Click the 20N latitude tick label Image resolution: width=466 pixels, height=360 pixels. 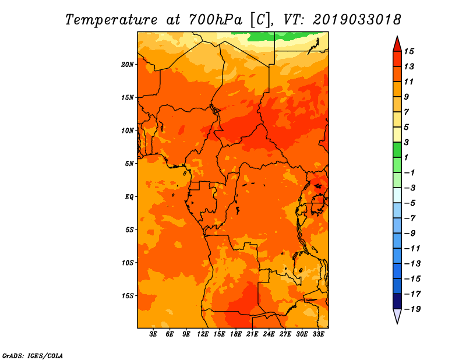click(128, 65)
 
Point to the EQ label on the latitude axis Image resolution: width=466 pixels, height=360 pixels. click(129, 197)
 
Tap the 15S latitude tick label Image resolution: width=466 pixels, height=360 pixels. click(128, 296)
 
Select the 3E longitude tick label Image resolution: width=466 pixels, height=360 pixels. click(153, 334)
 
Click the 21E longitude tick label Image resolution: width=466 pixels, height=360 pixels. click(252, 334)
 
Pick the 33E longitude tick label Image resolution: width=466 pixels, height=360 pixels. click(318, 334)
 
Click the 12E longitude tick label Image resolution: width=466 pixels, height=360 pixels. click(203, 334)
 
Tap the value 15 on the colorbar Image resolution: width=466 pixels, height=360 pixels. click(409, 51)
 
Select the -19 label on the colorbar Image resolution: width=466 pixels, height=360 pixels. click(412, 309)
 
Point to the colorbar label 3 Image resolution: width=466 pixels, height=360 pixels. click(407, 142)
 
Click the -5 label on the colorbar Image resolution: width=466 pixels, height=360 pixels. click(410, 203)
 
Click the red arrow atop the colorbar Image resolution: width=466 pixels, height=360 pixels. click(397, 44)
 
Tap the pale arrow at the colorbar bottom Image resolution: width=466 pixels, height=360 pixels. click(397, 316)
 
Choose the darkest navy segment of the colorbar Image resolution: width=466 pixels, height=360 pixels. click(397, 301)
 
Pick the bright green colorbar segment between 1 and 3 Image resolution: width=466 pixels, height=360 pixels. click(397, 150)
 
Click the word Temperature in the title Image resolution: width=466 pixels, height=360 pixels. click(111, 20)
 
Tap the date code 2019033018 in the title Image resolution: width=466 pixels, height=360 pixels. click(357, 20)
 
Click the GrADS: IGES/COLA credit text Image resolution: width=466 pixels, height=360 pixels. click(33, 356)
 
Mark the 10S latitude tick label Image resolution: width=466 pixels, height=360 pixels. click(128, 263)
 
